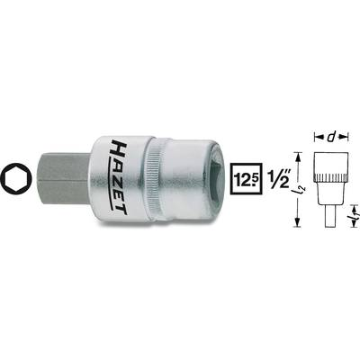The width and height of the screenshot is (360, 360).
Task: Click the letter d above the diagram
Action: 333,137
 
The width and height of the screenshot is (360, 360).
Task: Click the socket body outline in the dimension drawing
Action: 332,175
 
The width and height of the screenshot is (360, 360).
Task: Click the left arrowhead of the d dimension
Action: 317,138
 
